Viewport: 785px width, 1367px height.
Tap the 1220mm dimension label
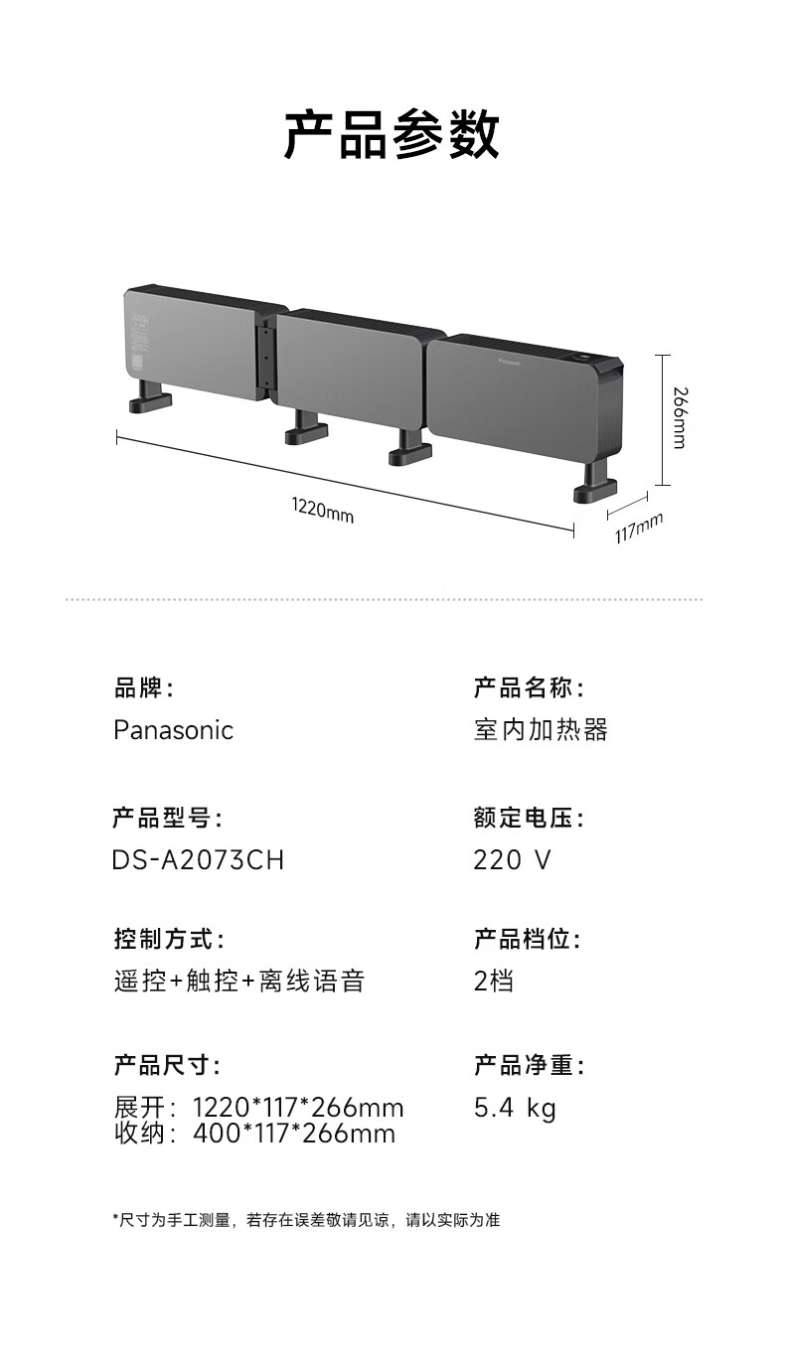[322, 511]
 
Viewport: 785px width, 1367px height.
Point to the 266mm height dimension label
[678, 417]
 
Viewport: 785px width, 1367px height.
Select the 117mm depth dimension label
[638, 529]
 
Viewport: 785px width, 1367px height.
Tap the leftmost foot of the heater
[148, 401]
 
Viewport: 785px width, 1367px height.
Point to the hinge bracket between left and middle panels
[264, 358]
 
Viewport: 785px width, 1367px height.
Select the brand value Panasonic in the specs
[173, 730]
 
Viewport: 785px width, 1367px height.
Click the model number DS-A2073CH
[198, 859]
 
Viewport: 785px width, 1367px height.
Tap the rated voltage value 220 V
[512, 859]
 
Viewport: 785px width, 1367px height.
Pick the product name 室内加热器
[541, 730]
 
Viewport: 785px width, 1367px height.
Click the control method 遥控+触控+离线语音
[238, 982]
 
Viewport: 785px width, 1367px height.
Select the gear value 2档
[494, 982]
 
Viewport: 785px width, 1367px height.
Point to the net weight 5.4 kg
[515, 1108]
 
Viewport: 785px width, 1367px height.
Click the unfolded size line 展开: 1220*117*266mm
[258, 1108]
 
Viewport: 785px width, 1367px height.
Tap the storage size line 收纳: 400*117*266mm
[254, 1134]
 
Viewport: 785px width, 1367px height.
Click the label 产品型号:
[167, 819]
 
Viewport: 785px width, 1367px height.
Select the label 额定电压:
[529, 819]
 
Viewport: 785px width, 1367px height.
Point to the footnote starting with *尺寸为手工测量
[306, 1219]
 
